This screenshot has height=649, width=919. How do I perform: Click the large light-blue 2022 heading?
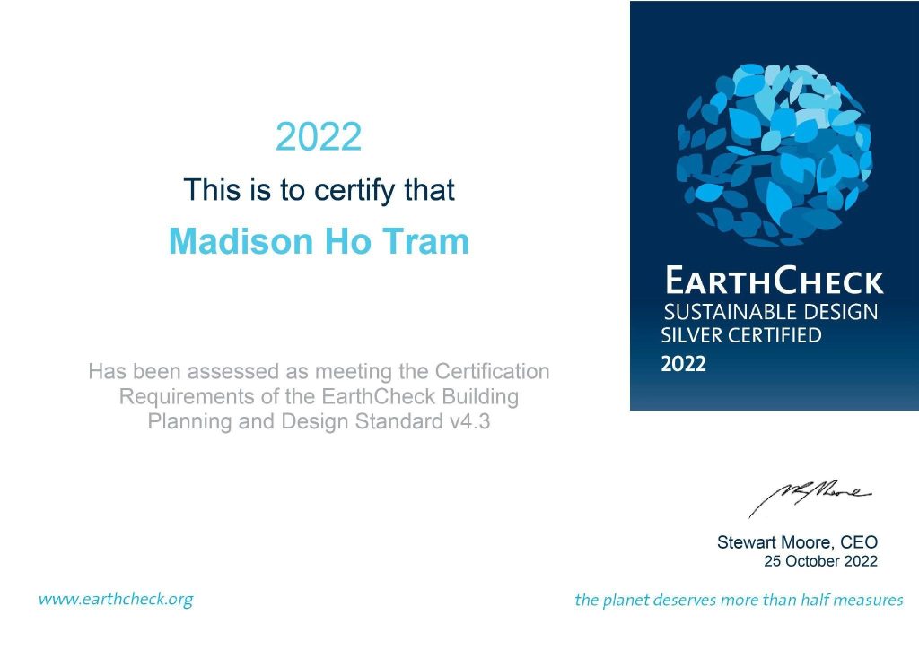click(319, 137)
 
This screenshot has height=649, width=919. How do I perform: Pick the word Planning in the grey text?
click(182, 421)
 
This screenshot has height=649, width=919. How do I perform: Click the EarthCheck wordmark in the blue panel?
click(774, 282)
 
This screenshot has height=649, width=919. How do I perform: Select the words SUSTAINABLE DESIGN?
click(770, 313)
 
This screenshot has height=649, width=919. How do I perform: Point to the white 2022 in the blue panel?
click(684, 364)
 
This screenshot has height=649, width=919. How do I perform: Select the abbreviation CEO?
click(859, 542)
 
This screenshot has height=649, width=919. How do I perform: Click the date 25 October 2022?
click(820, 562)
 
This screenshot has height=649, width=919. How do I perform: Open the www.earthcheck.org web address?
click(116, 599)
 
